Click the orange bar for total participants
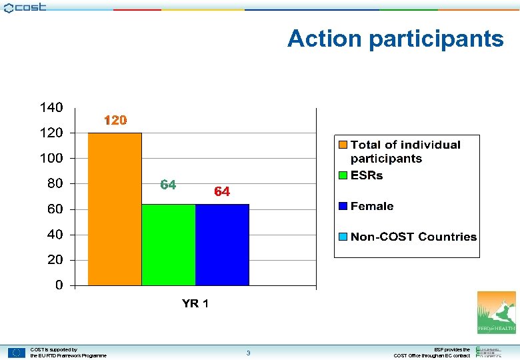pyautogui.click(x=115, y=209)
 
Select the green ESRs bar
pyautogui.click(x=168, y=244)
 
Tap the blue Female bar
pyautogui.click(x=222, y=244)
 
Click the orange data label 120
pyautogui.click(x=115, y=121)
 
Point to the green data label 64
pyautogui.click(x=168, y=185)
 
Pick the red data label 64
pyautogui.click(x=222, y=192)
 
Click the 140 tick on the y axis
pyautogui.click(x=51, y=107)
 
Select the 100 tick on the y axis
pyautogui.click(x=51, y=158)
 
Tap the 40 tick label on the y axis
pyautogui.click(x=55, y=235)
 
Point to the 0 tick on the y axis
pyautogui.click(x=59, y=285)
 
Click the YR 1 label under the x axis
pyautogui.click(x=195, y=304)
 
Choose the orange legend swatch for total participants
pyautogui.click(x=343, y=145)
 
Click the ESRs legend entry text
pyautogui.click(x=367, y=176)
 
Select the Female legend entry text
pyautogui.click(x=371, y=207)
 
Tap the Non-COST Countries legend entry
pyautogui.click(x=413, y=237)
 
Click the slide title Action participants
pyautogui.click(x=395, y=39)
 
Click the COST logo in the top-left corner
pyautogui.click(x=25, y=7)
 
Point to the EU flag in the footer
pyautogui.click(x=17, y=353)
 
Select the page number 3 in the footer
pyautogui.click(x=248, y=353)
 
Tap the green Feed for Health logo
pyautogui.click(x=496, y=312)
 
